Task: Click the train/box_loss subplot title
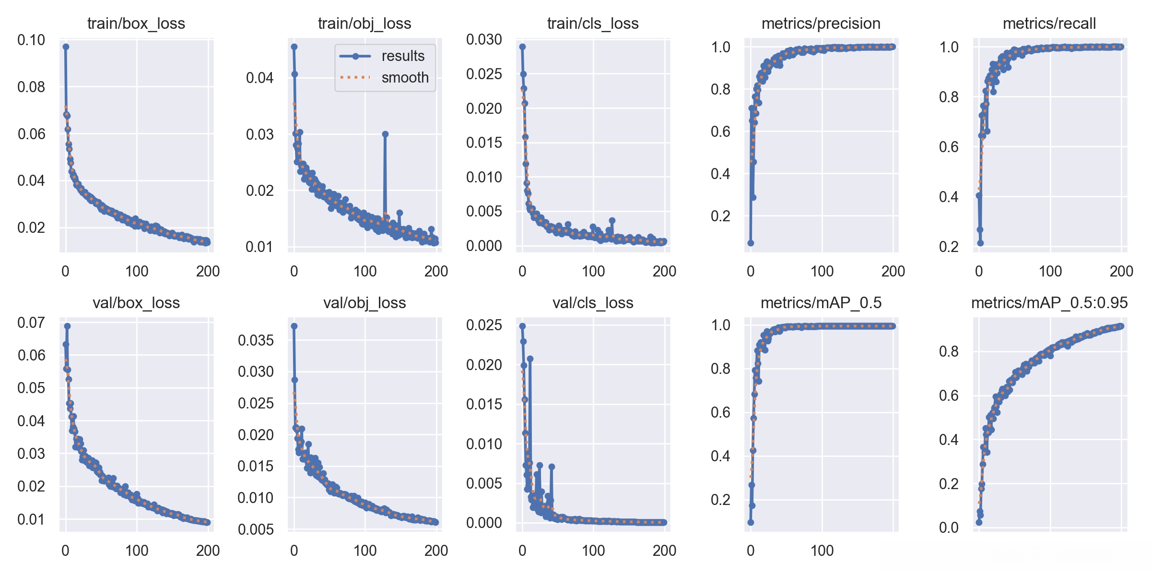[136, 24]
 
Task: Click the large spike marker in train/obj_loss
[385, 134]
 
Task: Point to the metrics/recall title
[1049, 24]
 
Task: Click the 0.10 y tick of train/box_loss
[31, 40]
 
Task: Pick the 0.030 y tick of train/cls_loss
[484, 39]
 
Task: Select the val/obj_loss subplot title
[364, 303]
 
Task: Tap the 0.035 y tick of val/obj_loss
[256, 340]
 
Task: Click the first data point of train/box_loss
[66, 47]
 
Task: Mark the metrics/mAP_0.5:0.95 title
[1049, 303]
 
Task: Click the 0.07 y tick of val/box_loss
[31, 323]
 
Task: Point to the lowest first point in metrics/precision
[751, 243]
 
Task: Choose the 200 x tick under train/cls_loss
[664, 272]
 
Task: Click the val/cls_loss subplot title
[593, 303]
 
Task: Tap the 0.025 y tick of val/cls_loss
[484, 325]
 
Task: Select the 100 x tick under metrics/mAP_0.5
[822, 551]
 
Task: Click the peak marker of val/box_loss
[67, 326]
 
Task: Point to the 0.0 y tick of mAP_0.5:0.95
[949, 528]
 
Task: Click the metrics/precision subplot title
[821, 24]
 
